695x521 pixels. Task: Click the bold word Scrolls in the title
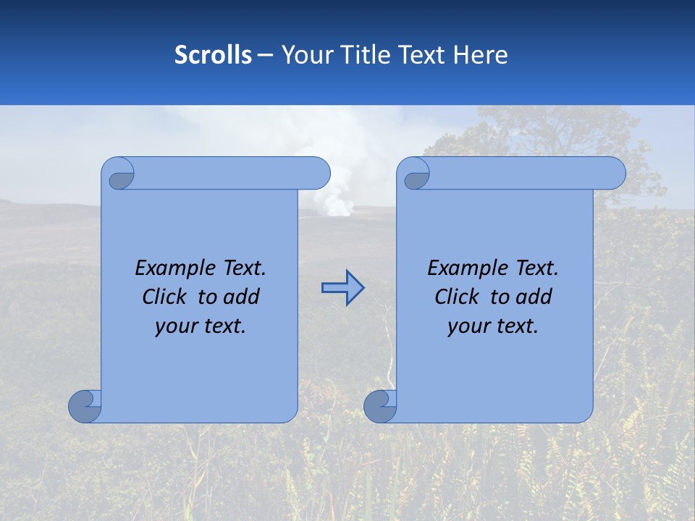(x=213, y=55)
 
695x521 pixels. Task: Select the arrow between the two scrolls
(x=342, y=288)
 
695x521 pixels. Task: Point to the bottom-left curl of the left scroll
(x=85, y=405)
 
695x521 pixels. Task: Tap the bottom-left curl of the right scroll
(x=380, y=405)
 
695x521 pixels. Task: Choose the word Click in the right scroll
(x=456, y=297)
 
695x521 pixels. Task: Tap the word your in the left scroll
(x=175, y=326)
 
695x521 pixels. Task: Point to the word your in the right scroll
(x=468, y=326)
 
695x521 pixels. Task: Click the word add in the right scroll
(x=534, y=297)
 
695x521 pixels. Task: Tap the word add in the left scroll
(x=242, y=297)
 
